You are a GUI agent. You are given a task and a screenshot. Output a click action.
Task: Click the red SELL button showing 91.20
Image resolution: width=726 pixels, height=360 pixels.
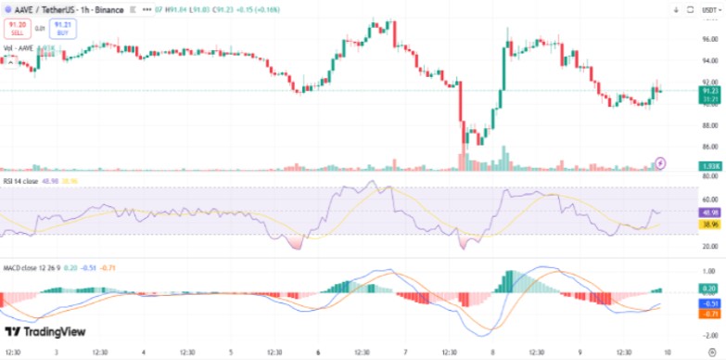(x=16, y=29)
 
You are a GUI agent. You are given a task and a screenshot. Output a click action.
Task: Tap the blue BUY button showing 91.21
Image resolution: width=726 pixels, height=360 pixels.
(x=63, y=29)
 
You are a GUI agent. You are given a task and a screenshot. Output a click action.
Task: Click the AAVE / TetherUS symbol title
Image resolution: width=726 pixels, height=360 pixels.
(x=54, y=10)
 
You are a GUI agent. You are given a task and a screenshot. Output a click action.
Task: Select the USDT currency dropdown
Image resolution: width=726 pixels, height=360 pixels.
(x=709, y=10)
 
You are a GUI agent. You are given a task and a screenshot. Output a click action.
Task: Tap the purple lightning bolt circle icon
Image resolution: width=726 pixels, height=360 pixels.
(x=660, y=162)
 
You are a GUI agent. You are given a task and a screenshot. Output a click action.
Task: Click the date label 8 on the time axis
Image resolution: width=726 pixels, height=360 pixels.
(x=492, y=353)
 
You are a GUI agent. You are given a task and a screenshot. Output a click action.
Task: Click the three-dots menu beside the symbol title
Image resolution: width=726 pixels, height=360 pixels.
(x=147, y=10)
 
